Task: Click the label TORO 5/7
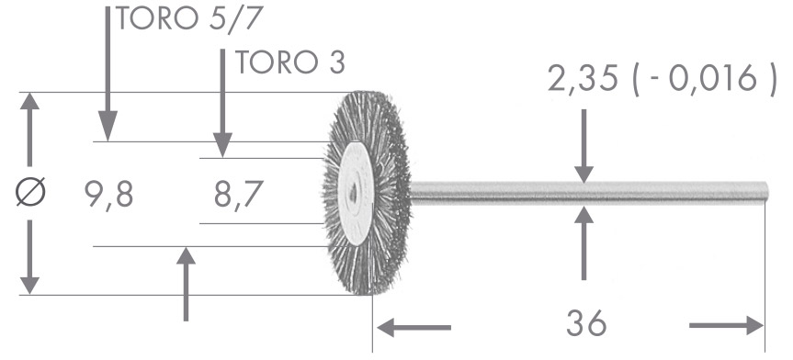[x=190, y=19]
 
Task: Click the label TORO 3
[x=290, y=62]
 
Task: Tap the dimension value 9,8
[x=108, y=195]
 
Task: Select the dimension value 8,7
[x=238, y=195]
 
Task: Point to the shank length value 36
[x=586, y=322]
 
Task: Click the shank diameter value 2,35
[x=583, y=79]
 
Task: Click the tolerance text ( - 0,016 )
[x=704, y=79]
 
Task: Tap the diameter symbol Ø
[x=31, y=192]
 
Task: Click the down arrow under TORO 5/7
[x=108, y=73]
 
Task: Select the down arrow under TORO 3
[x=222, y=103]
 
